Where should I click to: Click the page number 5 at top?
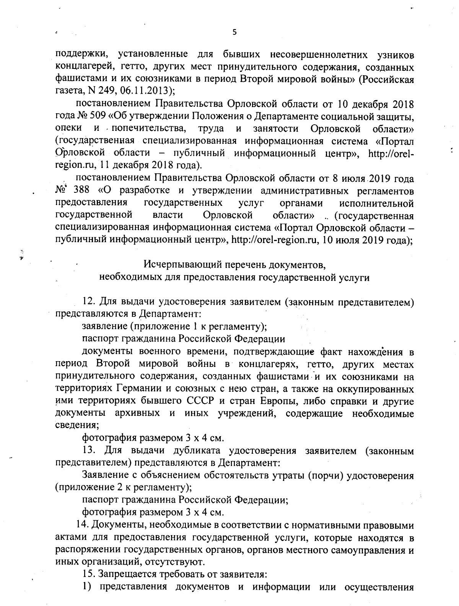point(234,32)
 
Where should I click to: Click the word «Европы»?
point(278,401)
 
